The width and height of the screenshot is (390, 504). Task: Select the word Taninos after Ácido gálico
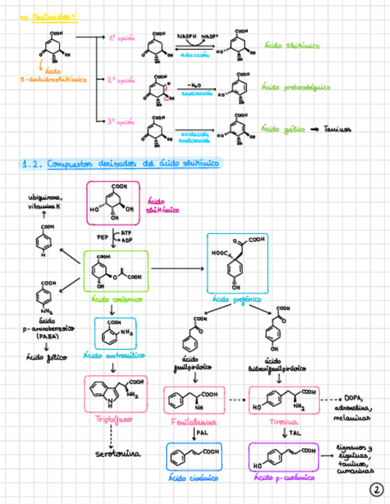(338, 129)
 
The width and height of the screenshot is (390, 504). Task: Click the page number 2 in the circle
(376, 490)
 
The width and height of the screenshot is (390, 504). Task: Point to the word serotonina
(118, 454)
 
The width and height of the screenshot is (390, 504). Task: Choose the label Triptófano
(113, 419)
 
